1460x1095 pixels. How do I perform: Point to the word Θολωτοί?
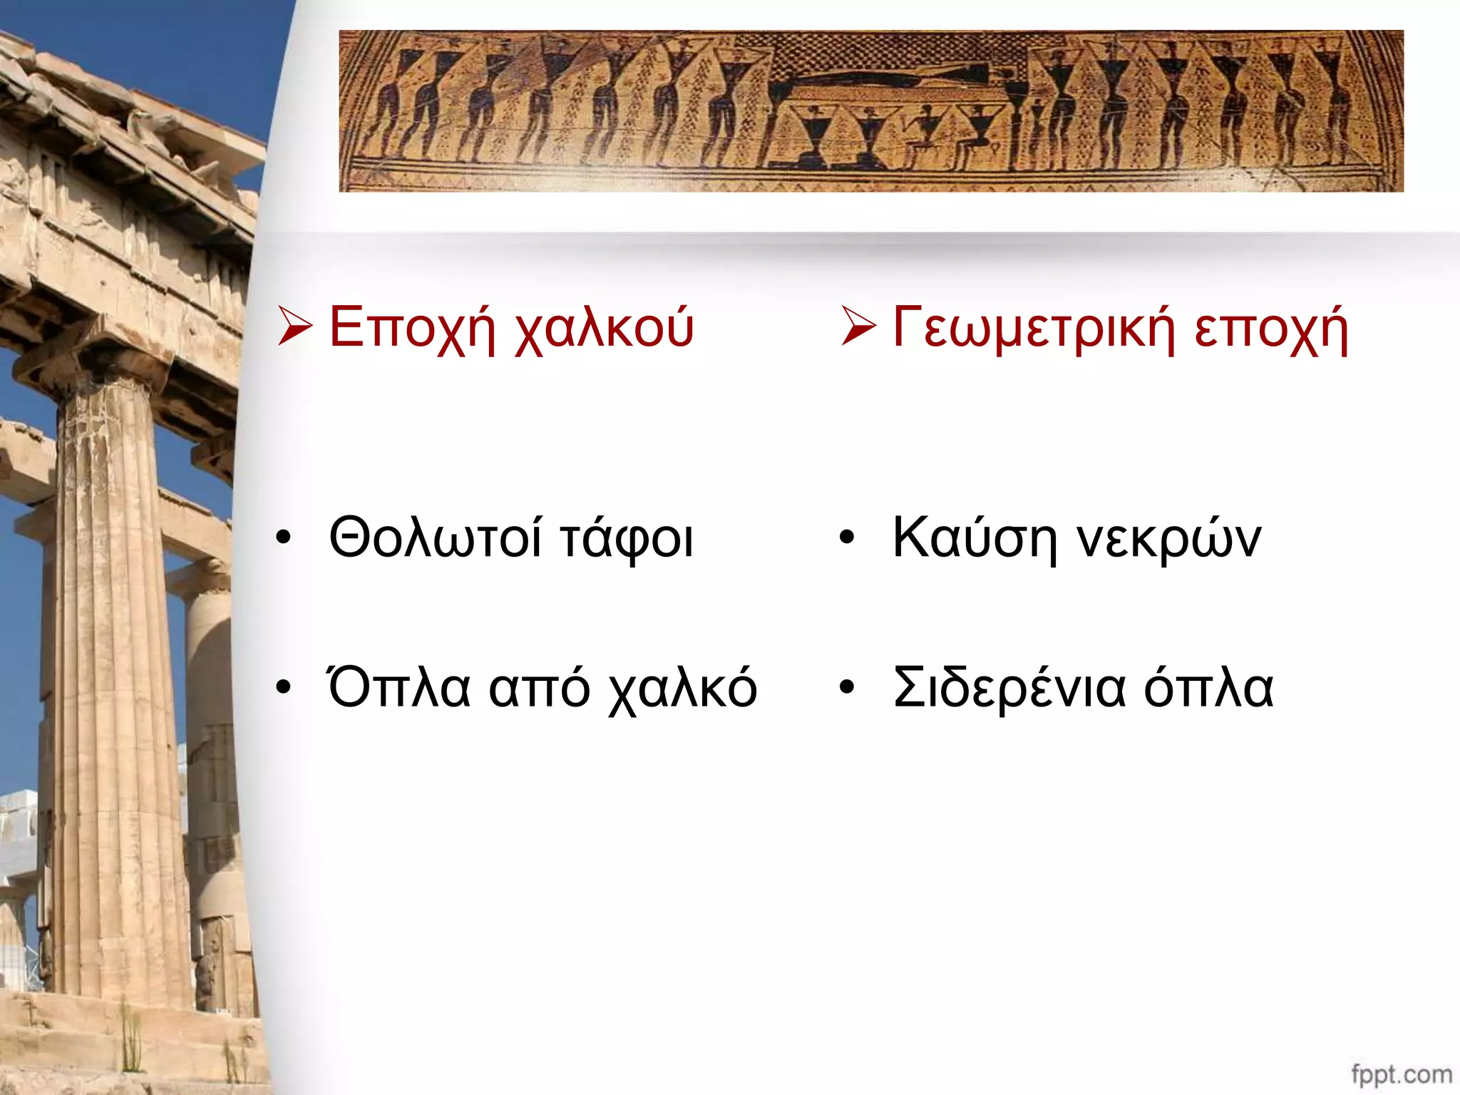click(x=435, y=538)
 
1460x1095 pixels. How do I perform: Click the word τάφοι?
click(x=626, y=538)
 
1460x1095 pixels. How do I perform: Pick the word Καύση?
click(x=974, y=538)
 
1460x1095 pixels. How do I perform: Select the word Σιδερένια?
click(x=1009, y=688)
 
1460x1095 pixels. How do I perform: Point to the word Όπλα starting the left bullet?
click(x=399, y=688)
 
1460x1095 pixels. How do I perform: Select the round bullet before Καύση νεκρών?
click(x=846, y=539)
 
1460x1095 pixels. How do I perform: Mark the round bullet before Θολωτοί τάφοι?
click(x=284, y=539)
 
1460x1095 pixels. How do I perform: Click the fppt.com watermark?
click(x=1401, y=1074)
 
